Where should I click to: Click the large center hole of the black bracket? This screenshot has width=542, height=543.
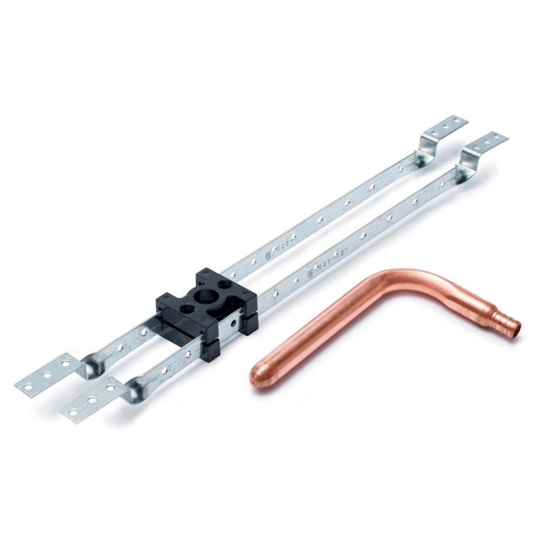[x=208, y=298]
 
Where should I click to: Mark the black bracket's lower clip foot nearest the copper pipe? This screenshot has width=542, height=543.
[x=209, y=353]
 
